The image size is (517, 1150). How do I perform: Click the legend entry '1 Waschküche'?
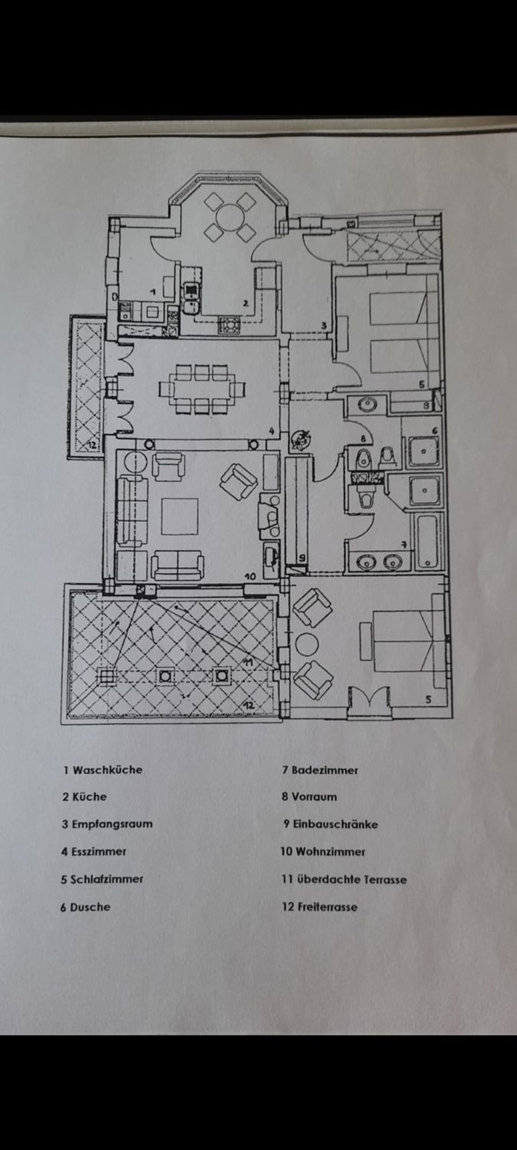tap(103, 770)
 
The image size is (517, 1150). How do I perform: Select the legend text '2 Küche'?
tap(84, 797)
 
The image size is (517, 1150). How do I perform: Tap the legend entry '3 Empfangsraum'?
tap(107, 824)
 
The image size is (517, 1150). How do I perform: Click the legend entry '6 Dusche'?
tap(85, 907)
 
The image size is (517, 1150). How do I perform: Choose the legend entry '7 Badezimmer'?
tap(320, 770)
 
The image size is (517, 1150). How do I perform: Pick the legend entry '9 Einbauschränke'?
tap(331, 824)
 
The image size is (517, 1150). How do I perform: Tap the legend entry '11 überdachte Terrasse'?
tap(344, 879)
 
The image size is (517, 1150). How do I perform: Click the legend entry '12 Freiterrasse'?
tap(320, 907)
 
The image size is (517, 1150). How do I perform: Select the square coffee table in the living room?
tap(179, 517)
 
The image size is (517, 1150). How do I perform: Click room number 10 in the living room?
tap(250, 577)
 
